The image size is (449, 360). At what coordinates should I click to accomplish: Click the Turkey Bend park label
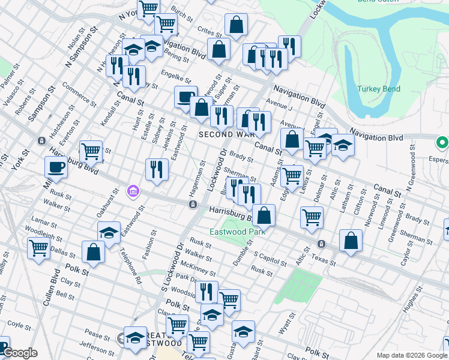[x=378, y=89]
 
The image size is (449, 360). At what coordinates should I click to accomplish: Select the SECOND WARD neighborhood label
[x=220, y=135]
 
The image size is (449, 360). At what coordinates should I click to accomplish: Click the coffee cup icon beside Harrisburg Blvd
[x=56, y=167]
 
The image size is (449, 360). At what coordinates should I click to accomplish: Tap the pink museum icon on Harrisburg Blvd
[x=133, y=192]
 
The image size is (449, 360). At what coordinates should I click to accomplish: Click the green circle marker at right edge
[x=442, y=143]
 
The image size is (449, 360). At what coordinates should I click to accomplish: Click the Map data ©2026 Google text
[x=411, y=355]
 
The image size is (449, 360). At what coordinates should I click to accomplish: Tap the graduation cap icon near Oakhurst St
[x=109, y=232]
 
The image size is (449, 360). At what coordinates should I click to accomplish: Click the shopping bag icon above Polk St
[x=94, y=252]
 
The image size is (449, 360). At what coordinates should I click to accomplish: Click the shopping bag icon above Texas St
[x=351, y=240]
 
